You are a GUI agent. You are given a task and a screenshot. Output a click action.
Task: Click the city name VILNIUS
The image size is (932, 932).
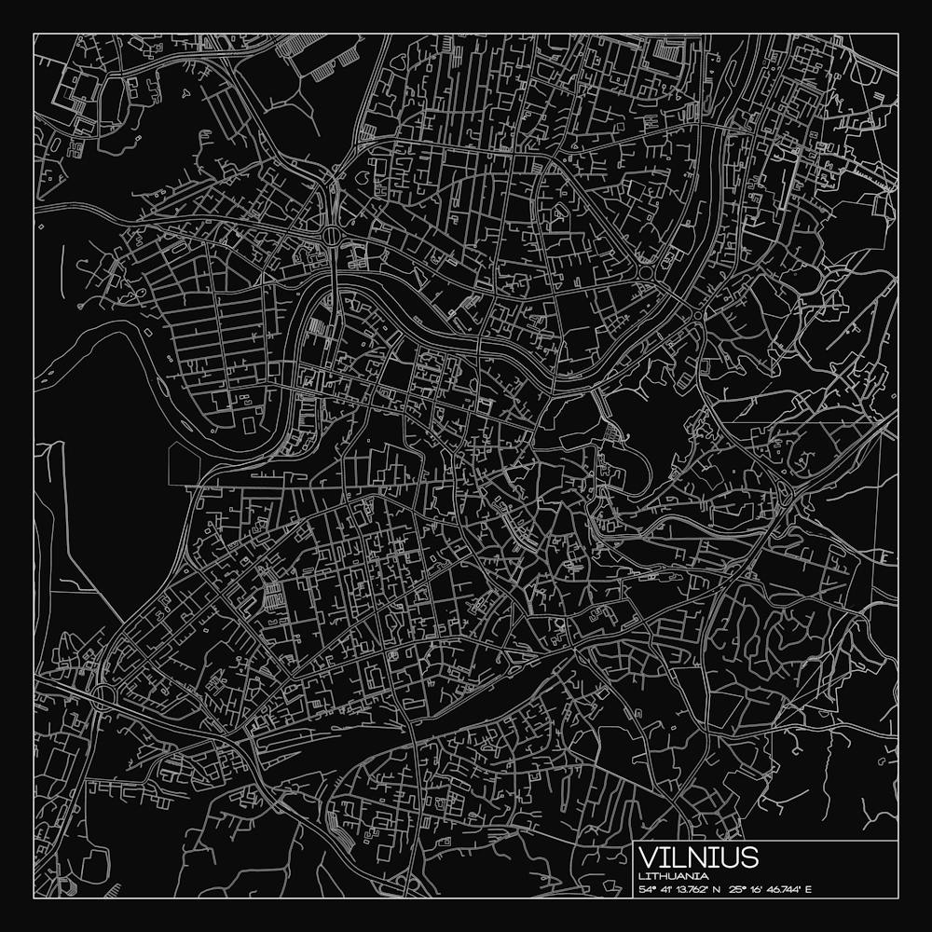coord(699,857)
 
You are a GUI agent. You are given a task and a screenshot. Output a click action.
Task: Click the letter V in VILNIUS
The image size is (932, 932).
coord(648,857)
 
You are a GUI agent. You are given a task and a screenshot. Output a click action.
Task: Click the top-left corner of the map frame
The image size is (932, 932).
coord(34,34)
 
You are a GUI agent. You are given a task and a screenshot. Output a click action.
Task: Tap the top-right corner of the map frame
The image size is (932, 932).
coord(898,34)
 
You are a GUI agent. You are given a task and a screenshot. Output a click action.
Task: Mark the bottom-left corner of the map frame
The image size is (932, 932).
coord(34,898)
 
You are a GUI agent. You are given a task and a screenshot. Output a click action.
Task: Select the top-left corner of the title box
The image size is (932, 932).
coord(634,842)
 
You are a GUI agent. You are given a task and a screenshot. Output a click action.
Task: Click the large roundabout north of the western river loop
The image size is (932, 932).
coord(333,235)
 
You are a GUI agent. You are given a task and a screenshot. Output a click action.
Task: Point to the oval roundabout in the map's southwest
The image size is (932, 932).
coord(102,694)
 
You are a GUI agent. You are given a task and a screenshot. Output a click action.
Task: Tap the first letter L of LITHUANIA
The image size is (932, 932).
coord(642,877)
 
